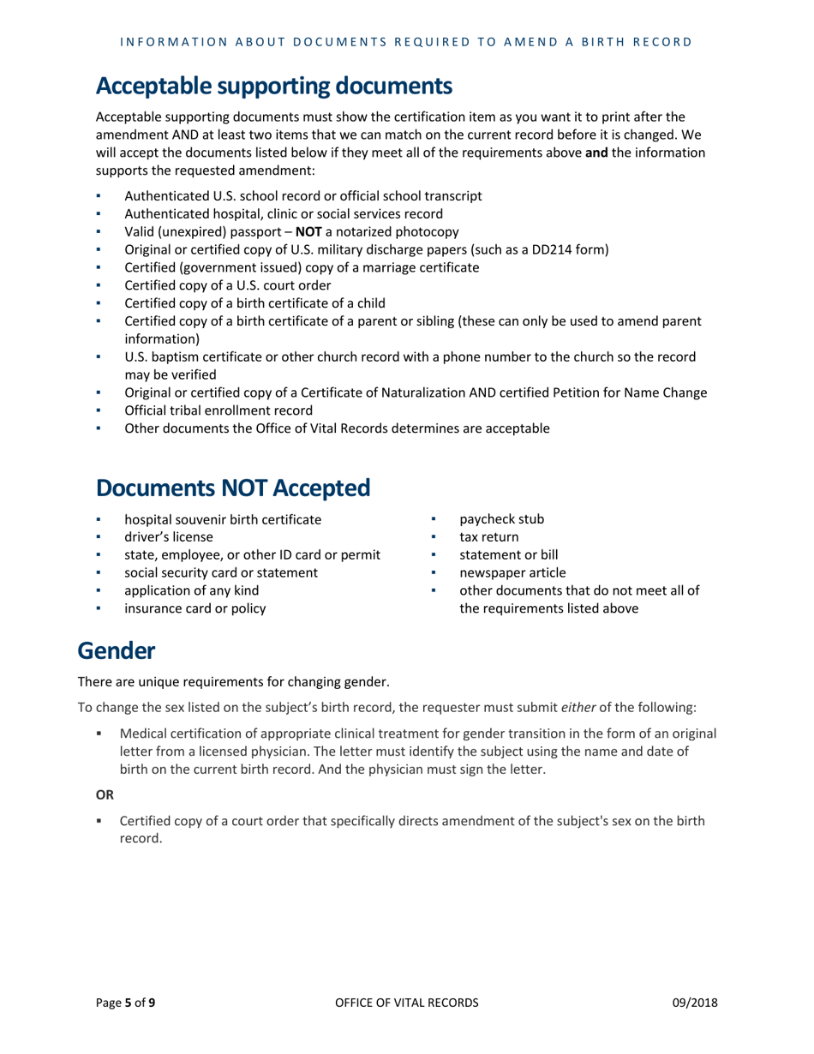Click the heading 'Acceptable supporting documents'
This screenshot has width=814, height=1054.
point(273,86)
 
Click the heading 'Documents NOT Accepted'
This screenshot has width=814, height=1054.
point(233,488)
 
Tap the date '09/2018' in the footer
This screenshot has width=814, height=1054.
point(694,1003)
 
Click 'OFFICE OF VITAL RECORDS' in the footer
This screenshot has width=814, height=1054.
point(406,1003)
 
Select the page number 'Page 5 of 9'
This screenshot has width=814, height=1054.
point(124,1003)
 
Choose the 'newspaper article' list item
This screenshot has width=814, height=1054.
point(512,573)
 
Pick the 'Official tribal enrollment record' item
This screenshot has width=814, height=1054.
point(218,410)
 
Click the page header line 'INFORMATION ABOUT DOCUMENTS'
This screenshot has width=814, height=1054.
point(406,40)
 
